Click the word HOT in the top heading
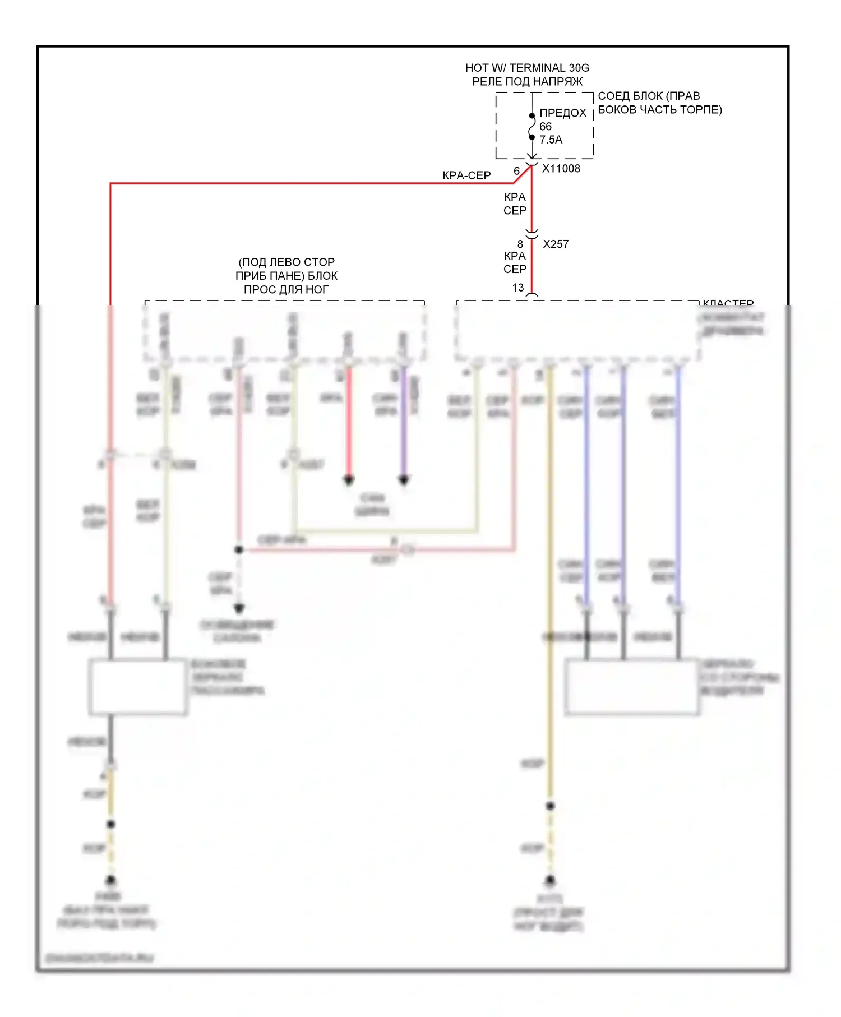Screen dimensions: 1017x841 [x=477, y=68]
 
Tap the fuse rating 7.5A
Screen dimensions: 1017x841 [x=551, y=140]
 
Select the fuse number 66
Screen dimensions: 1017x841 [x=546, y=127]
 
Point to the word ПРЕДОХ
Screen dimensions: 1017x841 [x=563, y=113]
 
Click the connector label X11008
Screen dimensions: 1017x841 [x=561, y=169]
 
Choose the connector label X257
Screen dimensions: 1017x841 [x=556, y=244]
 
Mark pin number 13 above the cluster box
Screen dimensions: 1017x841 [x=518, y=288]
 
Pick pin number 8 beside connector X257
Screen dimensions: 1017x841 [x=520, y=244]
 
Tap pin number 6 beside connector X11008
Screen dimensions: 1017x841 [x=517, y=171]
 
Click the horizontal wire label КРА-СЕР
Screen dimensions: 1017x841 [x=466, y=175]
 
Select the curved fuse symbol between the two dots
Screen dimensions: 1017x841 [x=532, y=127]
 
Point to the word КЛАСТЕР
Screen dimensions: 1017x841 [x=728, y=303]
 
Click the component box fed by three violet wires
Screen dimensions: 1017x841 [x=632, y=687]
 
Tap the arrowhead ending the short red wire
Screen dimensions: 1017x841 [x=349, y=480]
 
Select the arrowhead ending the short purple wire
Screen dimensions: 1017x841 [x=404, y=480]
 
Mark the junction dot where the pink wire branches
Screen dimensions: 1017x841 [x=239, y=550]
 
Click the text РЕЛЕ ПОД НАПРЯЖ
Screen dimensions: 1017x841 [x=527, y=82]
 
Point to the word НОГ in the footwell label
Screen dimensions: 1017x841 [x=316, y=290]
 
